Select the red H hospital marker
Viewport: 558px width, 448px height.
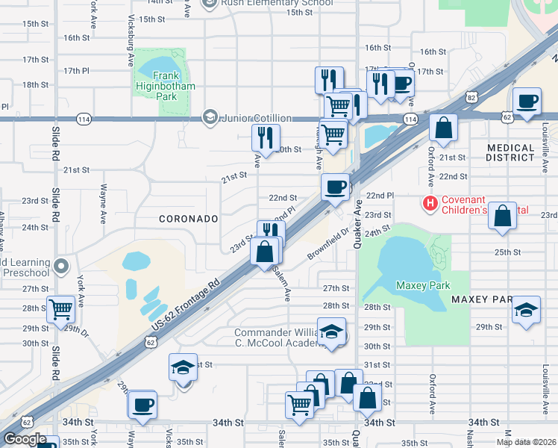[x=430, y=202]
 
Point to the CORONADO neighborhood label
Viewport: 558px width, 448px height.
[x=188, y=219]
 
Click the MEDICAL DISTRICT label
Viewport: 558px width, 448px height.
[x=510, y=152]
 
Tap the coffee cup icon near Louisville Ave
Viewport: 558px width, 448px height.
[x=527, y=101]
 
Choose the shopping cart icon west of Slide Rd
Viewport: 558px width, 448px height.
[x=60, y=308]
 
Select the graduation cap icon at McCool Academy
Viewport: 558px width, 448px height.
[x=332, y=332]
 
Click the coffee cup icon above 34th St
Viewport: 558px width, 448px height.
[x=142, y=405]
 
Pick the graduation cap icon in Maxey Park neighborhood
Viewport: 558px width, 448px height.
[x=526, y=310]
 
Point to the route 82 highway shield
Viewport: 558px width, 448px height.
[x=470, y=97]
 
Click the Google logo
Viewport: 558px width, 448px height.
[x=25, y=438]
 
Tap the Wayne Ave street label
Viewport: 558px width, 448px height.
[x=103, y=205]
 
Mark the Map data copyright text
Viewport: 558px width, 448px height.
[x=526, y=442]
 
